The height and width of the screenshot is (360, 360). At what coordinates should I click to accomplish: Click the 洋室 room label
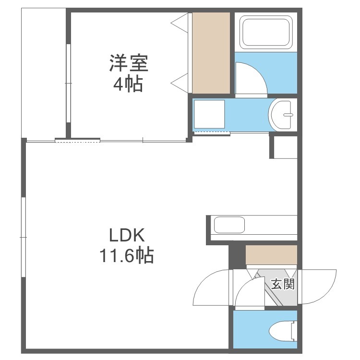pos(129,63)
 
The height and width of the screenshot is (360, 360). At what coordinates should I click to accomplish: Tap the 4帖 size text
pos(128,84)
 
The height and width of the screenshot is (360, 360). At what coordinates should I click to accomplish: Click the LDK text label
pos(127,235)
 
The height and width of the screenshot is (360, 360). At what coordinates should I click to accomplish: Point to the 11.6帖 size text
pos(127,255)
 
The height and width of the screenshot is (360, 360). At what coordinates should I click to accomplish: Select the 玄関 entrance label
pos(283,284)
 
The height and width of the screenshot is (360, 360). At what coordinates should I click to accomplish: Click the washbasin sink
pos(281,115)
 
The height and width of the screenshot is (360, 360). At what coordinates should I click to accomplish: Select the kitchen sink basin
pos(229,225)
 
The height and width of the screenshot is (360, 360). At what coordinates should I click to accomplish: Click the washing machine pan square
pos(209,114)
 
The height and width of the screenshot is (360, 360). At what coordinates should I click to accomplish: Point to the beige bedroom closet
pos(211,53)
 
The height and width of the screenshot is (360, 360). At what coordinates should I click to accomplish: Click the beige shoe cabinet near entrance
pos(271,255)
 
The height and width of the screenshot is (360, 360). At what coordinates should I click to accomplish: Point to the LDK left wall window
pos(23,237)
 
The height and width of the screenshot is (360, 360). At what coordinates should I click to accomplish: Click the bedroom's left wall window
pos(68,83)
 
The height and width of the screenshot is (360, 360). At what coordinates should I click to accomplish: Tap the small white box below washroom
pos(286,147)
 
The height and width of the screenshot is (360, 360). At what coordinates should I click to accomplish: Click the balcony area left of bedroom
pos(44,73)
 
